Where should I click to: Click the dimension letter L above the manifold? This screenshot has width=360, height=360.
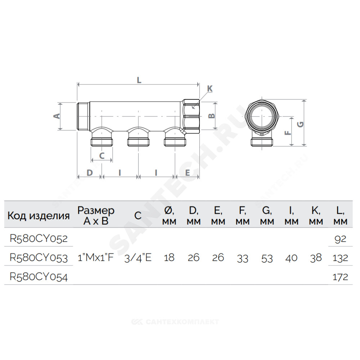[x=139, y=80]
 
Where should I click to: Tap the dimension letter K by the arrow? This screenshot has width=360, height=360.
[x=210, y=89]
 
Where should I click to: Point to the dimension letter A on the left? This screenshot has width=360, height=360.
[x=57, y=116]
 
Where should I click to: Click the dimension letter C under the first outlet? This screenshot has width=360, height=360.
[x=102, y=156]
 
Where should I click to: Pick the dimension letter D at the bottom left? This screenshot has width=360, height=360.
[x=90, y=173]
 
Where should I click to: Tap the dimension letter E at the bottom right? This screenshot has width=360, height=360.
[x=188, y=173]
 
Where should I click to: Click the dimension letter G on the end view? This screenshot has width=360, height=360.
[x=300, y=124]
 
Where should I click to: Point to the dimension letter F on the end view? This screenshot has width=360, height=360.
[x=287, y=133]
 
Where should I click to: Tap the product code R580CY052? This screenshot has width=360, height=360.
[x=39, y=238]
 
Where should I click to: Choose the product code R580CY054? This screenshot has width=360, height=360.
[x=39, y=276]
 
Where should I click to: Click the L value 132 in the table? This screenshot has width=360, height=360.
[x=340, y=258]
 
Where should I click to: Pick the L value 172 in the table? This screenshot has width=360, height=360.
[x=340, y=277]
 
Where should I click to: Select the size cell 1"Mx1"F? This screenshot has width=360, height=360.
[x=96, y=258]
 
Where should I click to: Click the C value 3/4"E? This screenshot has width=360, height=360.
[x=138, y=258]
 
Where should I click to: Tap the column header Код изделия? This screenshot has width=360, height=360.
[x=39, y=216]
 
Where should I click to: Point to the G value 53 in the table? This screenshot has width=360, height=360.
[x=267, y=258]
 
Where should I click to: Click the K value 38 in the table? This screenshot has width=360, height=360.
[x=316, y=258]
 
